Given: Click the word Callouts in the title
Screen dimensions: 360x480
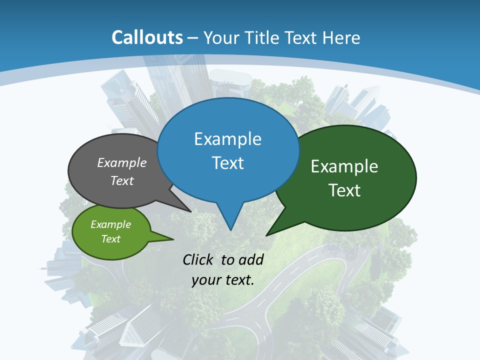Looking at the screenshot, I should coord(147,37).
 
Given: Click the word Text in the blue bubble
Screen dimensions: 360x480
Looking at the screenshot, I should coord(228,163).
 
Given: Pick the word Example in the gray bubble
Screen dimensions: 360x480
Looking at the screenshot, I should coord(122,162).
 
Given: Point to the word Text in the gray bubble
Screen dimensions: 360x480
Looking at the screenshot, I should coord(122,180).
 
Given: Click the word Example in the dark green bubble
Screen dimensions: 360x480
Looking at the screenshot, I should coord(344,166).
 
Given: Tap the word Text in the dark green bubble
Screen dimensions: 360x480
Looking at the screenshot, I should coord(344,190).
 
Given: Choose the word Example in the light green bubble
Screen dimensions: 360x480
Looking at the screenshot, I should coord(110,224).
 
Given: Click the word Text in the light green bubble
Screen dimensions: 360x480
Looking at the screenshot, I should coord(110,239).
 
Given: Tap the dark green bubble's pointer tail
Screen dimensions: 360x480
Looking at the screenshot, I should coord(272,230).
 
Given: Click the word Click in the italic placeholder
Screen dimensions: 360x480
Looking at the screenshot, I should coord(199,259).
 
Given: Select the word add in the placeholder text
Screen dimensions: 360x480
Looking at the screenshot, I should coord(251,259).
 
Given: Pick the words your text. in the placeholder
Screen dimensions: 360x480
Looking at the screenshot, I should coord(223,280).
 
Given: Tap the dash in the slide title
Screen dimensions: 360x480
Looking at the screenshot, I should coord(193,38).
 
